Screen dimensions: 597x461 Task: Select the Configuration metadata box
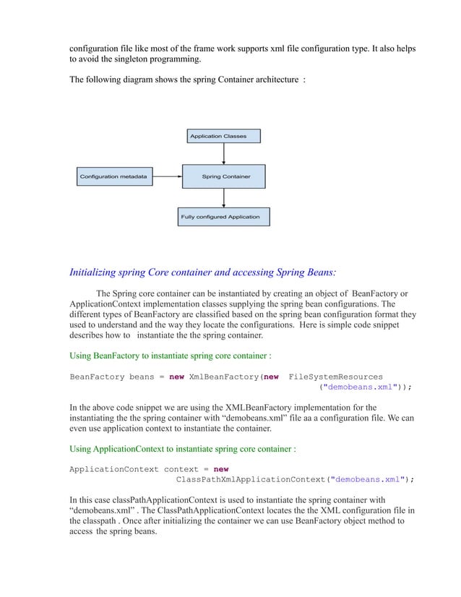pyautogui.click(x=113, y=176)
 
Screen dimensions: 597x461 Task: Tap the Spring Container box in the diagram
pyautogui.click(x=225, y=176)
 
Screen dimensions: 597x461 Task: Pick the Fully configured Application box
pyautogui.click(x=224, y=216)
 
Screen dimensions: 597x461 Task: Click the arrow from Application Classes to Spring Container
pyautogui.click(x=224, y=153)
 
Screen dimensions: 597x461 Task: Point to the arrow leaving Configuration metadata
pyautogui.click(x=167, y=176)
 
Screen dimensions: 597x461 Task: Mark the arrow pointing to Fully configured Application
pyautogui.click(x=224, y=197)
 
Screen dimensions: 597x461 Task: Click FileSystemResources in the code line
pyautogui.click(x=335, y=376)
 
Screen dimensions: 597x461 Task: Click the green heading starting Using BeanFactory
pyautogui.click(x=170, y=356)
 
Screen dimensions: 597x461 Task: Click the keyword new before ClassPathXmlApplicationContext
pyautogui.click(x=221, y=468)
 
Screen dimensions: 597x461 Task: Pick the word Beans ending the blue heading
pyautogui.click(x=319, y=272)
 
